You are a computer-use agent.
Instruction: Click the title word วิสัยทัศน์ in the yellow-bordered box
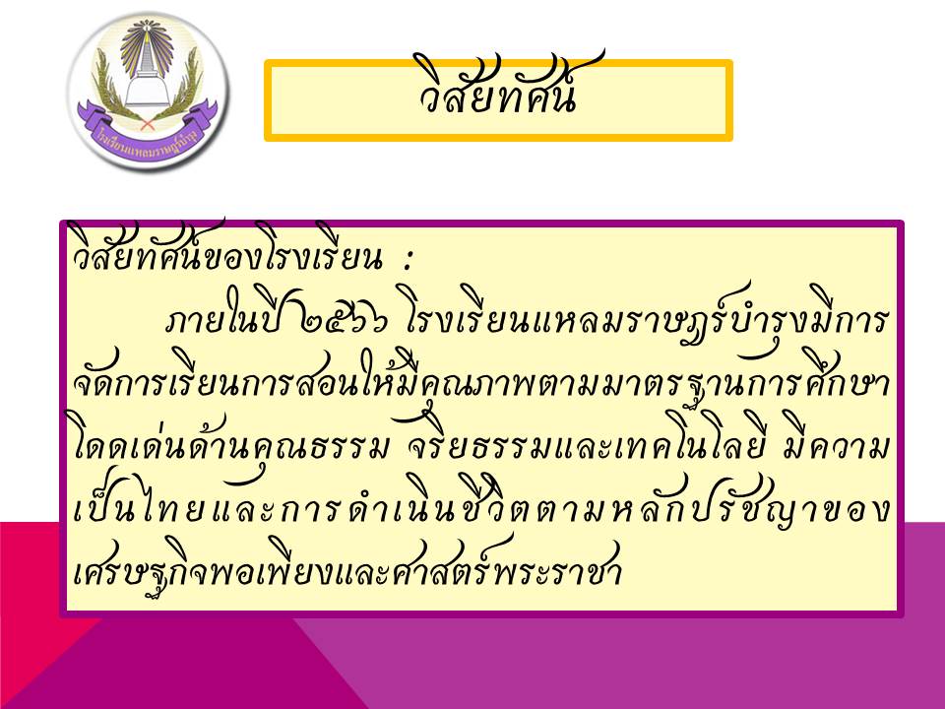click(498, 88)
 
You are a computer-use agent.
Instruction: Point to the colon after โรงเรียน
click(408, 260)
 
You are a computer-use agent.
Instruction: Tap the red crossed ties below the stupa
click(147, 123)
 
